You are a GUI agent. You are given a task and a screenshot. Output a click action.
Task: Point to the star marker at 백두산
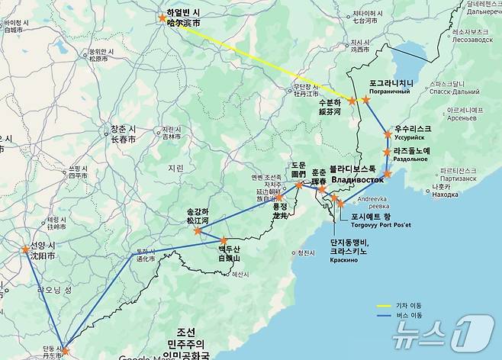point(224,241)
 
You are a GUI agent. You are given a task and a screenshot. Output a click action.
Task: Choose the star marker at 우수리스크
point(387,135)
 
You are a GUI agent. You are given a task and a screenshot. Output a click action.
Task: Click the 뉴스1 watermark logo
point(442,334)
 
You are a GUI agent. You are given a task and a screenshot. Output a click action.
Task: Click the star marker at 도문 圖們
point(299,184)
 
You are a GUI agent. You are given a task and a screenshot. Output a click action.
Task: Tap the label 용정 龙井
point(280,211)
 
